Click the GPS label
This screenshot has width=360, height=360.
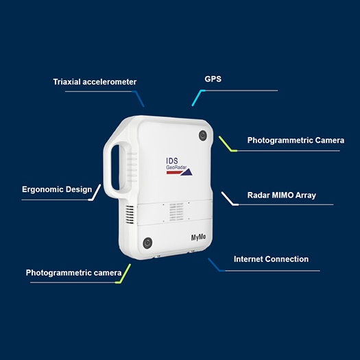(213, 79)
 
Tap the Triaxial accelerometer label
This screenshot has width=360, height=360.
(95, 82)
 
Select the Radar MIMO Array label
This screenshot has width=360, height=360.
(281, 195)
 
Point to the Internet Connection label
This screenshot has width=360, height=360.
(271, 259)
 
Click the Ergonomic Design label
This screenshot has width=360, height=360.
(57, 190)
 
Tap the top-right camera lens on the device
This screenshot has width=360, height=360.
(203, 136)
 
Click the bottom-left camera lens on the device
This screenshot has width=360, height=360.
(147, 243)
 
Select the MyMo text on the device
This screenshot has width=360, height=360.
(198, 237)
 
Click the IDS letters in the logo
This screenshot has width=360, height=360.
(172, 161)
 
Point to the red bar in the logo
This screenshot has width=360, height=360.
(174, 172)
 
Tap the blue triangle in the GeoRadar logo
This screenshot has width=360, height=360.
(187, 172)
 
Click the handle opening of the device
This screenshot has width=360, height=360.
(115, 167)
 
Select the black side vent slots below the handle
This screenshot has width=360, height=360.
(130, 215)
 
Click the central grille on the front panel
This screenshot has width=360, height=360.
(176, 212)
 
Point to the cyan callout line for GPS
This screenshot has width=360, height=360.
(198, 97)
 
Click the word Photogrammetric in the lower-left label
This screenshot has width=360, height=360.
(58, 273)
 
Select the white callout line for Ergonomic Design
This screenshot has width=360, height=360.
(95, 193)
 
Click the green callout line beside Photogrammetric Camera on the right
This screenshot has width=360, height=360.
(227, 144)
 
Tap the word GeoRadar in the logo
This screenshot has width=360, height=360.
(176, 167)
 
